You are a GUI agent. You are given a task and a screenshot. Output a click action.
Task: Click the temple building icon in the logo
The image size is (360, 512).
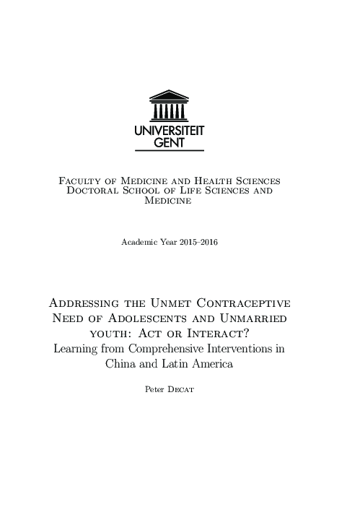coord(170,106)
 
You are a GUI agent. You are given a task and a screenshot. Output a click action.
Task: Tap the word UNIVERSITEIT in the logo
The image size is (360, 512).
coord(170,131)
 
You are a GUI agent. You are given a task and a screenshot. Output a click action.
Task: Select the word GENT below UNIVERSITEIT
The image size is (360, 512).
coord(170,142)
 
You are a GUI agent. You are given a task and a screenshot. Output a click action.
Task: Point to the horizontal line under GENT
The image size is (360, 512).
coord(170,150)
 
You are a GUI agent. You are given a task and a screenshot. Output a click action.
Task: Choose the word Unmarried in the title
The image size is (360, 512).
coord(254,318)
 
